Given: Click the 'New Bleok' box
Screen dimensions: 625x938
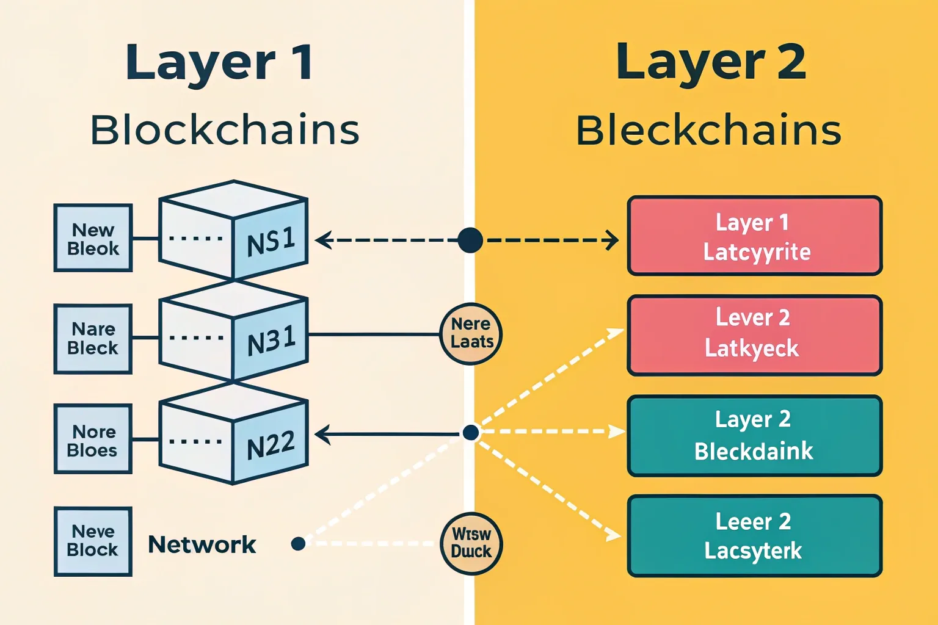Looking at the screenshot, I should pos(93,239).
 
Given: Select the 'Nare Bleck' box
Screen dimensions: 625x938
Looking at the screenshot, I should pos(93,339).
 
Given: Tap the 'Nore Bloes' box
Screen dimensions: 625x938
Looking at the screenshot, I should pos(93,440).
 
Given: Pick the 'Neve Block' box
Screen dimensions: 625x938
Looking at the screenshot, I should pos(93,541).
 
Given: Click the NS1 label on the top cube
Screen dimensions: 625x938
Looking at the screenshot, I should pos(271,241).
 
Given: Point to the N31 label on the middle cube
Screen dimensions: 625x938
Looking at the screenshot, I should pos(271,341).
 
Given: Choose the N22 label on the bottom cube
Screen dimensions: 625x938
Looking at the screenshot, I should pos(271,445).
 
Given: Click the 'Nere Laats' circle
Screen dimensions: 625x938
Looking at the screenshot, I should pos(471,334).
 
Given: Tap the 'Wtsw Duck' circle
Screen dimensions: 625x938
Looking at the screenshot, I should pos(471,543).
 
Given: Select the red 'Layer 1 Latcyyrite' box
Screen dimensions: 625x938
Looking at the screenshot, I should pos(755,236).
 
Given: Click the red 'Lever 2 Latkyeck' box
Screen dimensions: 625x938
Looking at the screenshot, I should pos(755,335).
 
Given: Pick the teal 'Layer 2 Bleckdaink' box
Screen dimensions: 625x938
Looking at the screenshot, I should pos(755,436).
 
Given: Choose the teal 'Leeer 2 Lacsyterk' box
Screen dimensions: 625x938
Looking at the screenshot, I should pos(755,536).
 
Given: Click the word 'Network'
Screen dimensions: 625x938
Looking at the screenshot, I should pos(202,544).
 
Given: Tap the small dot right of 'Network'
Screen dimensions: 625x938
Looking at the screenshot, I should pos(298,543).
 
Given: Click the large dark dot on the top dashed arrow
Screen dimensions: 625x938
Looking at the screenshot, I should pos(470,240).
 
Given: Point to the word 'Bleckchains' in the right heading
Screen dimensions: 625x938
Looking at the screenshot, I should pos(708,130).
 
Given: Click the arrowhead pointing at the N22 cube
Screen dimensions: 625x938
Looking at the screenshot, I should pos(321,435).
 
